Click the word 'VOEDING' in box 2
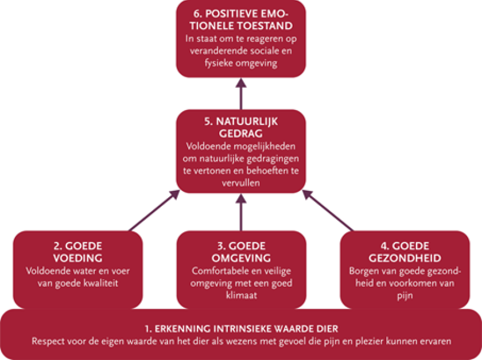[x=77, y=257]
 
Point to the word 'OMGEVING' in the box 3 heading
[x=240, y=257]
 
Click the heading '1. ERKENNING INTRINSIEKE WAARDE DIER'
[x=240, y=328]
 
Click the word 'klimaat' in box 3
[x=240, y=294]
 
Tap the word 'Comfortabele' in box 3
[x=217, y=269]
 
